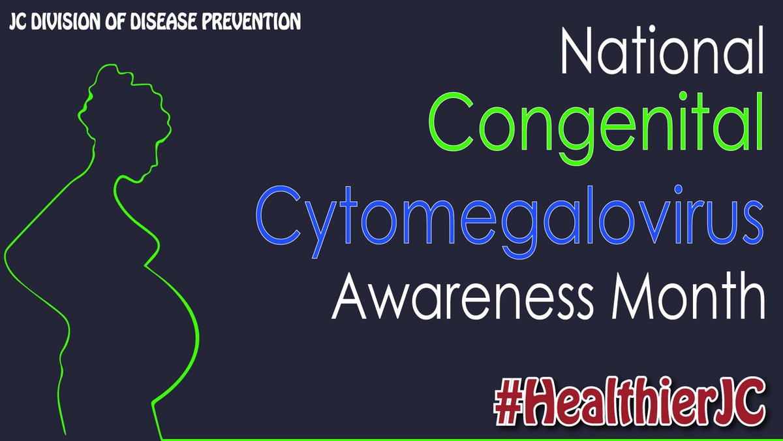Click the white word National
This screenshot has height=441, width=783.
point(662,50)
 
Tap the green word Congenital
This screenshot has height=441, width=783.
point(596,128)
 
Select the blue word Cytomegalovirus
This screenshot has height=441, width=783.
point(510,222)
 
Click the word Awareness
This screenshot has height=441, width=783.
point(463,296)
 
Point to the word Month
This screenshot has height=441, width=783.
point(688,296)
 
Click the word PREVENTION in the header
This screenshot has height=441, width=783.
point(251,21)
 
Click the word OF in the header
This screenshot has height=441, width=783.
point(115,22)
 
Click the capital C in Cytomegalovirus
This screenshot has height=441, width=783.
point(278,216)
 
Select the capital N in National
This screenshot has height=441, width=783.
point(576,50)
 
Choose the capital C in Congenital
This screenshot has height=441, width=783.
point(451,122)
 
